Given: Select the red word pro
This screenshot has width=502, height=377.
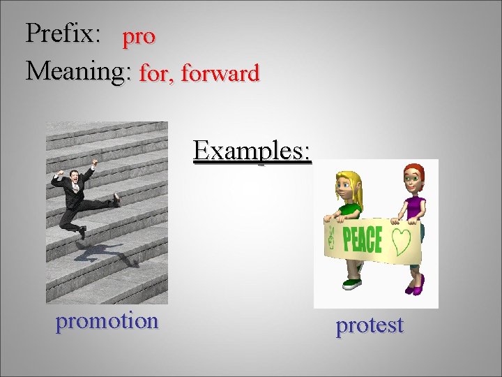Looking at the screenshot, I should point(139,38).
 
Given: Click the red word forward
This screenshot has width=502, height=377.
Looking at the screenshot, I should point(220,73).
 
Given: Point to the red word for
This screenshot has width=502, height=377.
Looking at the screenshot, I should point(156,73).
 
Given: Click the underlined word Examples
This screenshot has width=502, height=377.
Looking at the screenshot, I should point(252,150).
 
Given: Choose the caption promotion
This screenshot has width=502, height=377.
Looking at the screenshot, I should point(107,321).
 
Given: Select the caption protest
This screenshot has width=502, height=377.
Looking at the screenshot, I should point(370,325).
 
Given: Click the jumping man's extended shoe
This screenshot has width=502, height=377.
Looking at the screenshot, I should point(116,200).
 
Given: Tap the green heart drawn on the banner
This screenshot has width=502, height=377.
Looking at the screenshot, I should point(401,240).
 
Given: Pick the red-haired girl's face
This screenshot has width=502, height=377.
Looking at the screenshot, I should point(413,179).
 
